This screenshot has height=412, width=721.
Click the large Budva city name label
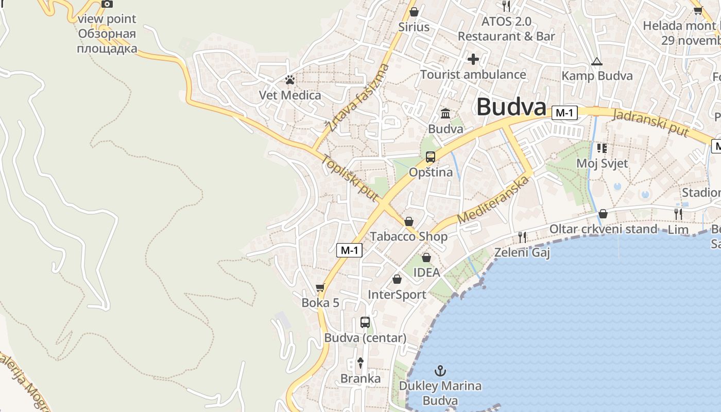pos(511,107)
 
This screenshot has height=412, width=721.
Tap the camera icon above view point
pos(107,4)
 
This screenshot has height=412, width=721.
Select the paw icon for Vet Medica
pos(290,80)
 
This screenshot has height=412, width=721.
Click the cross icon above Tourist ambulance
pos(473,59)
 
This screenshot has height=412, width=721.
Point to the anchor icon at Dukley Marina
pos(440,370)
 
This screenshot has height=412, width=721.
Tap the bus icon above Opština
pos(431,157)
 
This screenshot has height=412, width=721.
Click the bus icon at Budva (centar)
pos(365,322)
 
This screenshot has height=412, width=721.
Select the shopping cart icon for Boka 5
pos(320,287)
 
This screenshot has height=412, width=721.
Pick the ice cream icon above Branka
pos(360,363)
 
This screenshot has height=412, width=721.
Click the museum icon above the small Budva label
pos(445,113)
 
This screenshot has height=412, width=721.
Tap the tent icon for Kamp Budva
pos(596,61)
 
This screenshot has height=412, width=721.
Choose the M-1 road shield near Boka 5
pos(350,250)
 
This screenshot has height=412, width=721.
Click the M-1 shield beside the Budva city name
pos(564,113)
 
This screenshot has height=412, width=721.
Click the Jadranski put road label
pos(650,122)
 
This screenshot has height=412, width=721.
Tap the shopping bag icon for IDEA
pos(426,257)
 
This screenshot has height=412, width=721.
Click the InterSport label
pos(397,295)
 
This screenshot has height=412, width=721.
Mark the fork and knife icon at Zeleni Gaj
pos(522,237)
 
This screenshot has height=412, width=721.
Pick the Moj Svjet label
pos(602,163)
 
